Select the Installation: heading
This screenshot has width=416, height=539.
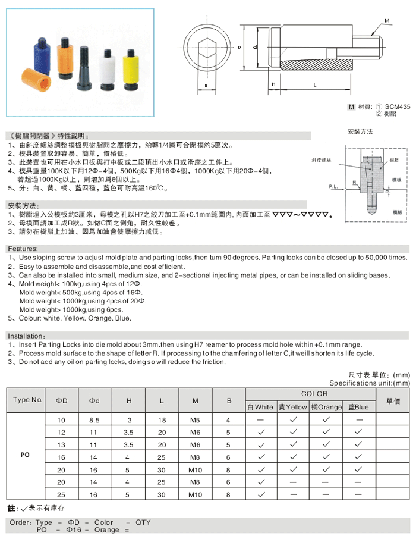(26, 336)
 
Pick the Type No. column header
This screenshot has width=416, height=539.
(27, 399)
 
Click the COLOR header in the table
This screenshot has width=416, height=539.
(314, 394)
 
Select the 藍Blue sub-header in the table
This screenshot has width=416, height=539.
(359, 407)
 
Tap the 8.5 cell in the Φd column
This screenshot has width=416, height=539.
(94, 421)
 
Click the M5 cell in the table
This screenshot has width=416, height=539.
(195, 421)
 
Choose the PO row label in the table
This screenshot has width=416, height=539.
(25, 455)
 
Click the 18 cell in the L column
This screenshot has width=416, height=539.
(162, 421)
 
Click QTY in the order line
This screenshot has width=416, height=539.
(143, 522)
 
